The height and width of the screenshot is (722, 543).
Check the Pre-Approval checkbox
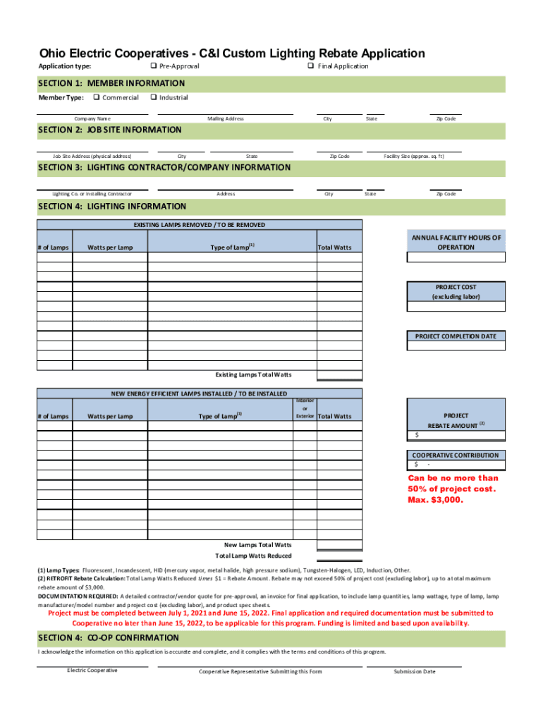(153, 66)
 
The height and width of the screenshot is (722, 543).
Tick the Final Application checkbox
(310, 66)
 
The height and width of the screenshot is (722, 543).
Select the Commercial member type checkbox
(96, 97)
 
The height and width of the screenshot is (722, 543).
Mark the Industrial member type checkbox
(153, 97)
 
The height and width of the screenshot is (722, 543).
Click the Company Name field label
(93, 119)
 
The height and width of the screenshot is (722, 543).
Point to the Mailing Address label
(226, 119)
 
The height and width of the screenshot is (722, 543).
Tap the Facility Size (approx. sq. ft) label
(414, 157)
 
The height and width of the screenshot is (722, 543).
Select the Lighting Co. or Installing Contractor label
(92, 194)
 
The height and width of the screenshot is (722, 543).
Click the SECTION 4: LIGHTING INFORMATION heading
(112, 207)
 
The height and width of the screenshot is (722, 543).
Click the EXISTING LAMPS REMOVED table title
(200, 225)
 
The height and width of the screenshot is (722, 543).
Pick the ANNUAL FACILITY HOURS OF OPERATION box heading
(456, 243)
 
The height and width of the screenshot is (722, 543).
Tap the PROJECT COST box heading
(456, 292)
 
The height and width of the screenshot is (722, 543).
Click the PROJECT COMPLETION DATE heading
(456, 336)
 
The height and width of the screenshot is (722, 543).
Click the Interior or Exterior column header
(305, 408)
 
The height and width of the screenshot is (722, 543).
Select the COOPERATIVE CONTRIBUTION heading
(456, 455)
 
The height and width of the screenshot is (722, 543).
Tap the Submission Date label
(415, 671)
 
